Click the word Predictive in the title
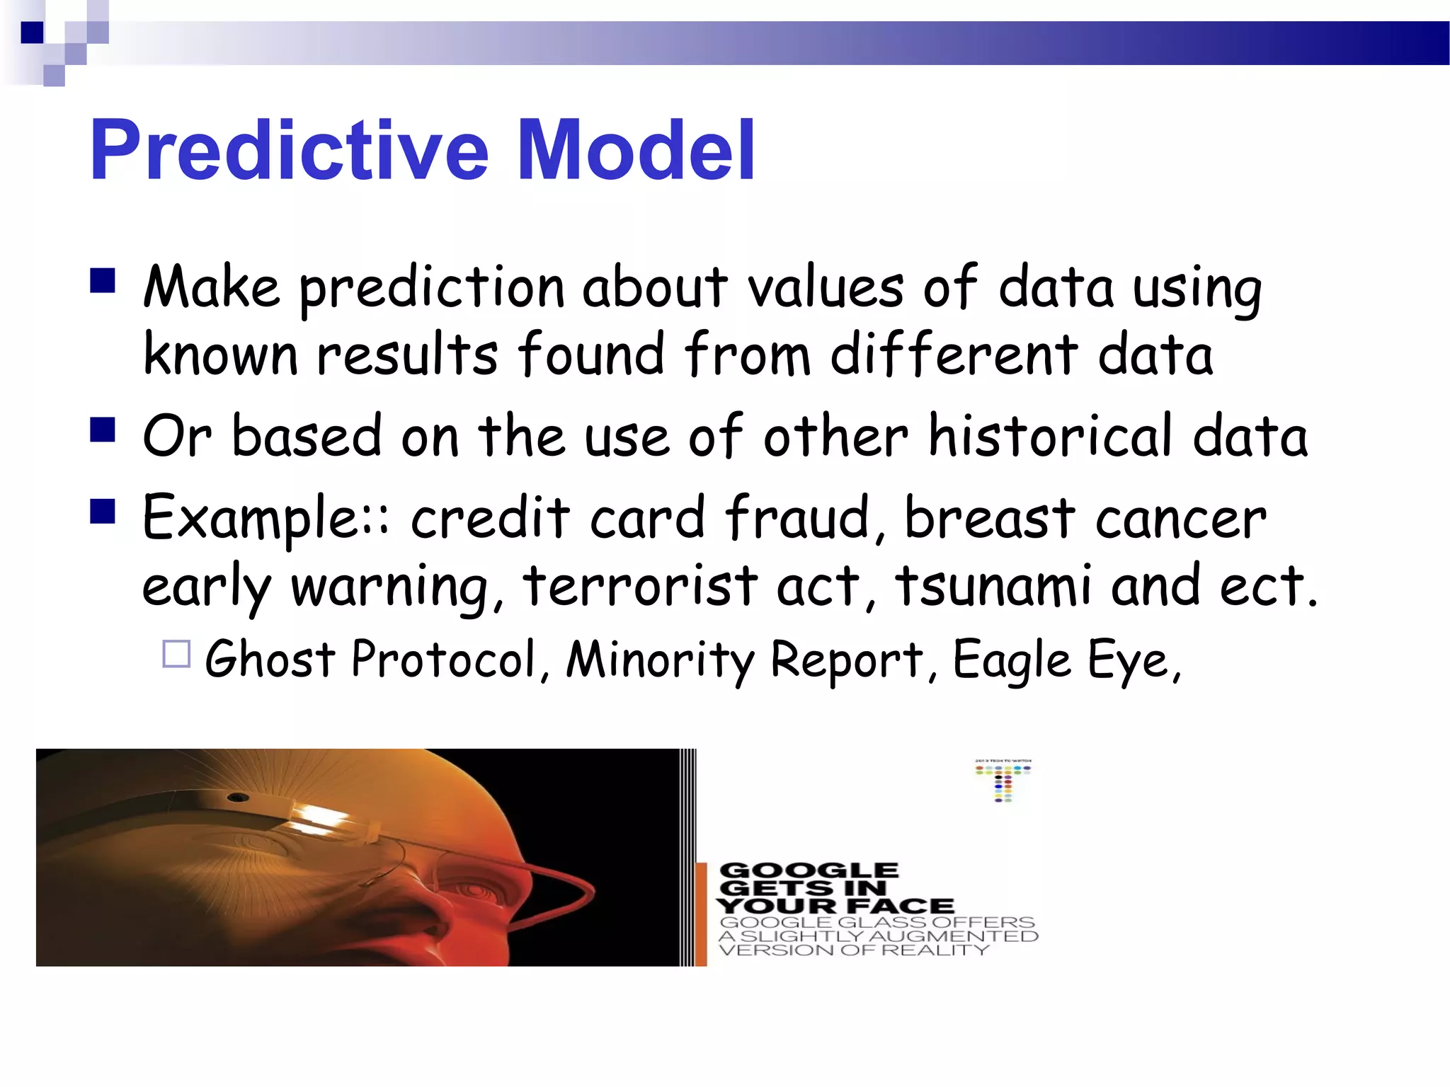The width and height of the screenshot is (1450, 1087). [289, 150]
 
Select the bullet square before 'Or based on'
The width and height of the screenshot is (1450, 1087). [103, 429]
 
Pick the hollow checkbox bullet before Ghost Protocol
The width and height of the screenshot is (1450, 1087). [176, 654]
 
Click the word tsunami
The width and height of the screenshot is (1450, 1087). [993, 586]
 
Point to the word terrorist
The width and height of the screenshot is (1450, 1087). [641, 586]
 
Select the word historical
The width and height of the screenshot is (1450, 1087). [1051, 435]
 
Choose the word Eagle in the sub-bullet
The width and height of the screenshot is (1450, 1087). [1012, 660]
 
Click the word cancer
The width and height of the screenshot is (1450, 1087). [1181, 517]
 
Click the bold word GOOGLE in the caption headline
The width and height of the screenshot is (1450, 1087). [809, 870]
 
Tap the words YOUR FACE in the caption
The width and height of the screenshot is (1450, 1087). [835, 906]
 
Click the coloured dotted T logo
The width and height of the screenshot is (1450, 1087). [1003, 782]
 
